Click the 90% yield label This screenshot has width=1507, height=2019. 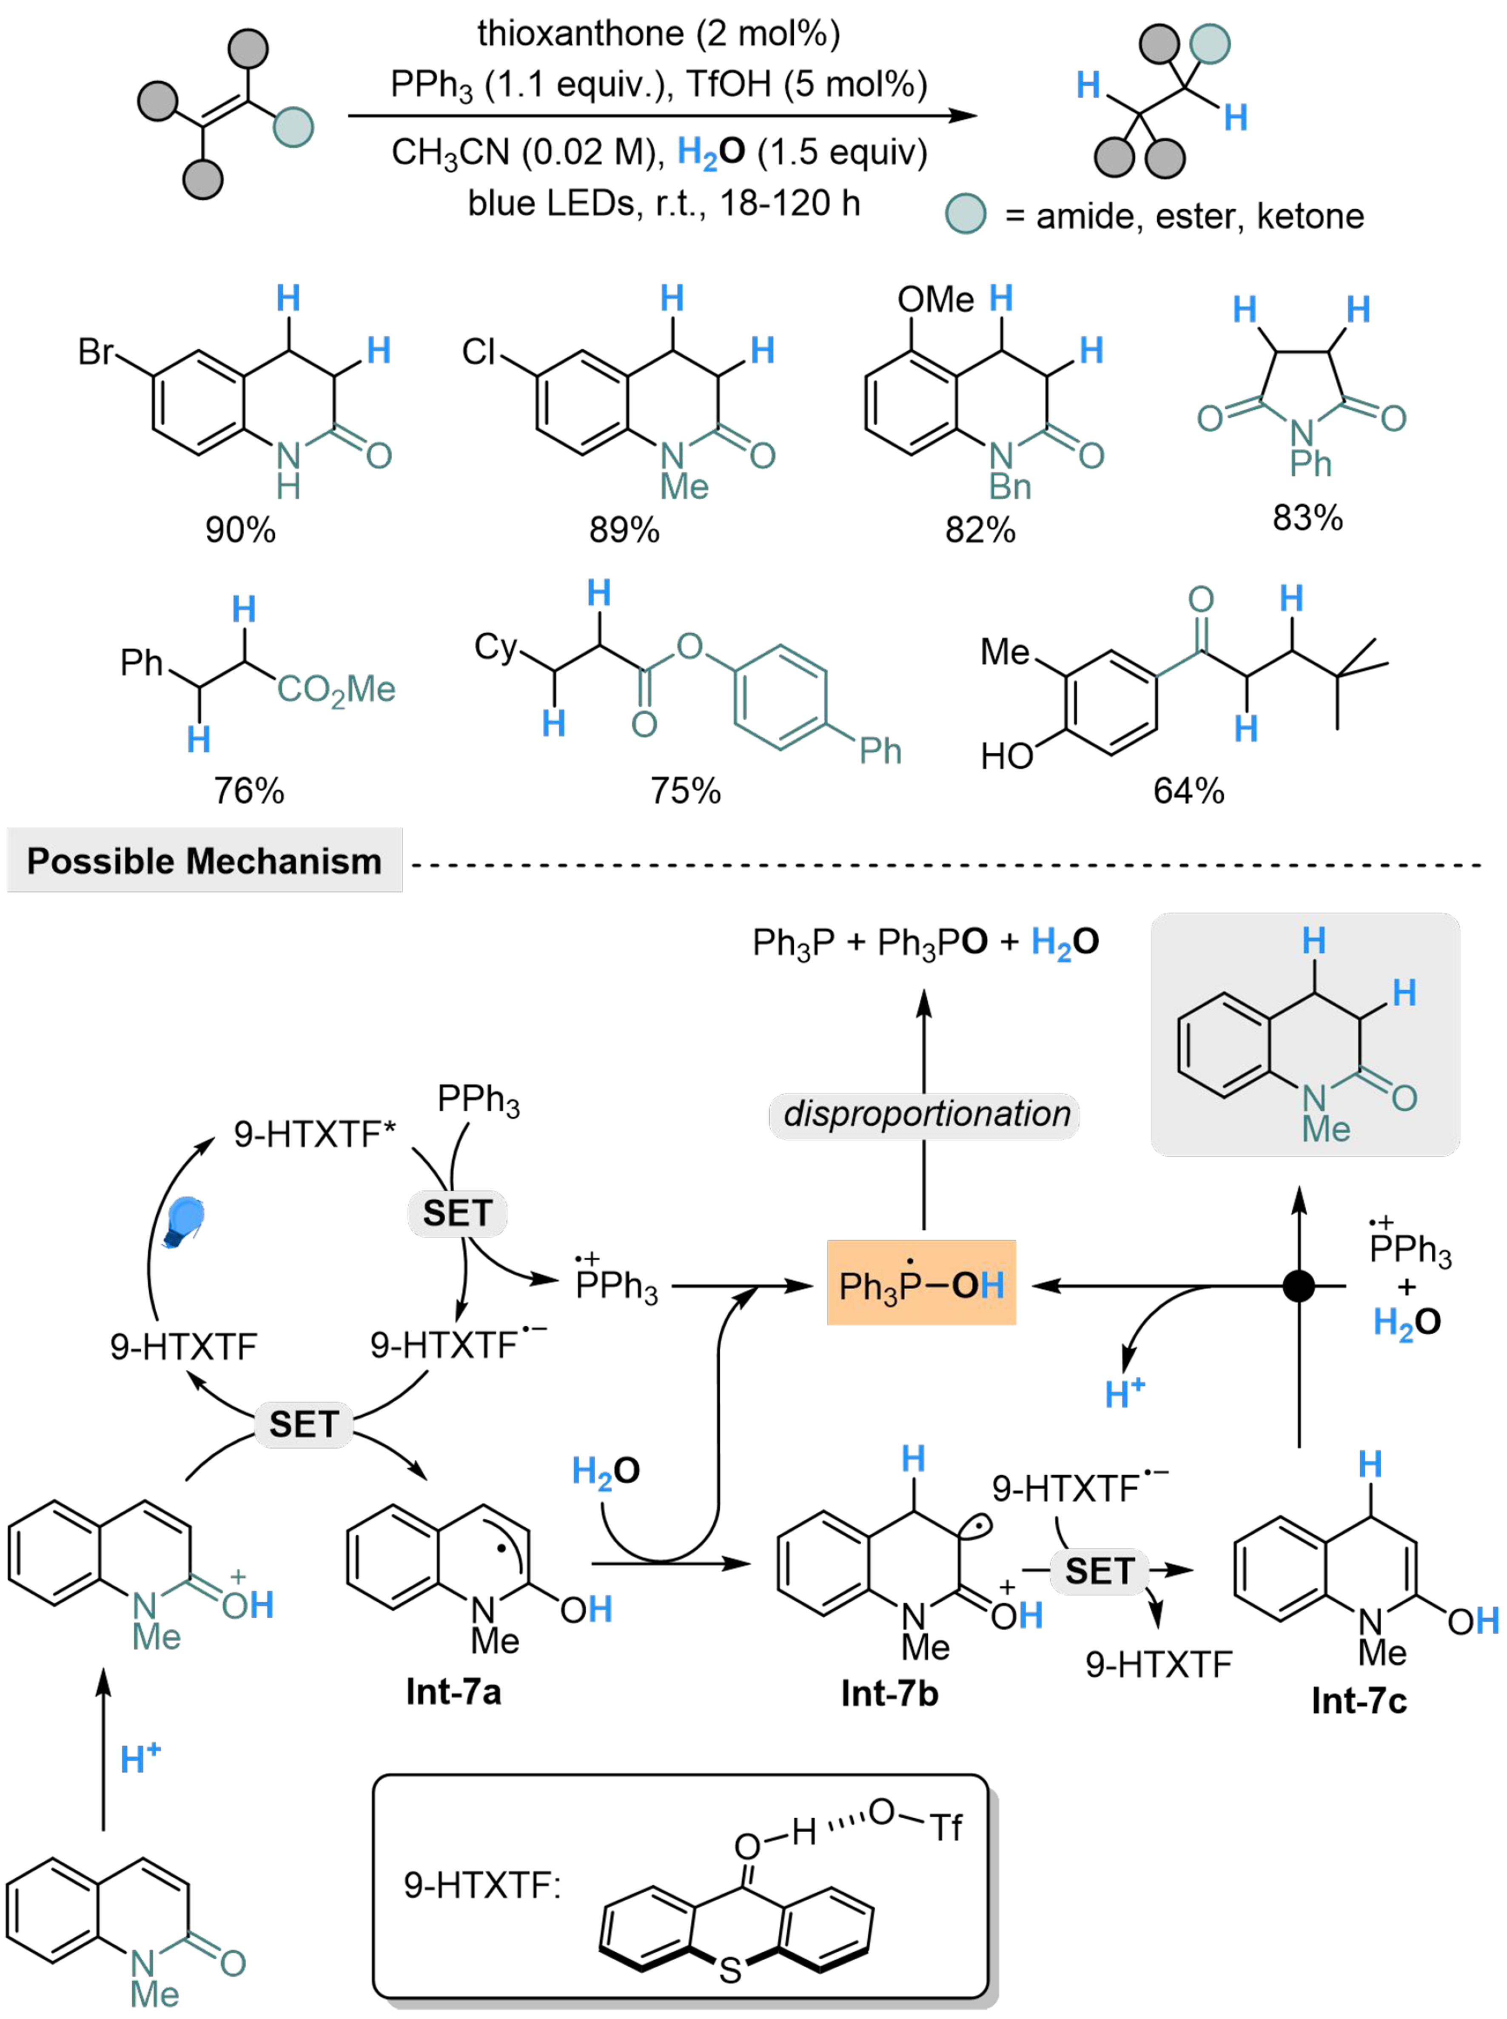coord(240,530)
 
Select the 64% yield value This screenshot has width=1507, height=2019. coord(1188,791)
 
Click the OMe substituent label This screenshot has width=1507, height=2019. coord(935,299)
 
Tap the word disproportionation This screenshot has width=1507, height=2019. coord(926,1113)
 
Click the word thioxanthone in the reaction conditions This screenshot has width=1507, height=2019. coord(580,34)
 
